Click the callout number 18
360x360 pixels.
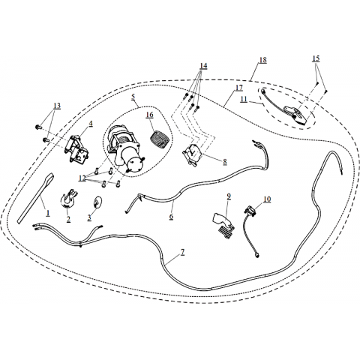click(x=262, y=60)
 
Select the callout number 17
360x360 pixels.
click(x=239, y=88)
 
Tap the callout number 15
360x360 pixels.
click(x=316, y=58)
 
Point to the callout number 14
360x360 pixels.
click(x=203, y=65)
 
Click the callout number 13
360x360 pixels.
click(x=57, y=106)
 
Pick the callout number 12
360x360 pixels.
click(x=82, y=178)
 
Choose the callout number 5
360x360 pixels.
click(x=133, y=97)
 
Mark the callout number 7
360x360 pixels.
click(x=183, y=253)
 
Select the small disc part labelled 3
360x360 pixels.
click(x=97, y=202)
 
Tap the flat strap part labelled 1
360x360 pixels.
click(x=36, y=197)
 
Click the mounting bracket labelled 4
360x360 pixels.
click(x=77, y=149)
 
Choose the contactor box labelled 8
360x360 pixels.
click(x=193, y=156)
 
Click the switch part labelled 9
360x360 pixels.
click(x=223, y=222)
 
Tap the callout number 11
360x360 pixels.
click(x=244, y=99)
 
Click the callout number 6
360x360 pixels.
click(x=171, y=217)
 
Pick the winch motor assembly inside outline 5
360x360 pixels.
click(x=125, y=150)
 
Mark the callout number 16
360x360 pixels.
click(x=150, y=115)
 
